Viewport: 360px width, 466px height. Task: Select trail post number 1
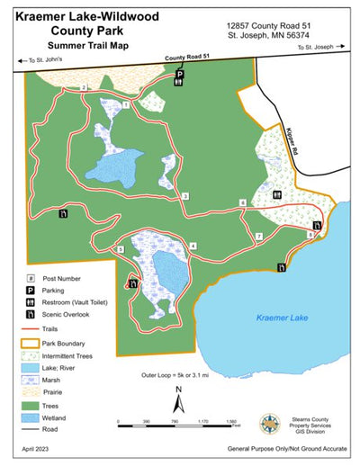tap(126, 105)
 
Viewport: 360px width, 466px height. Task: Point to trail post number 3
tap(184, 196)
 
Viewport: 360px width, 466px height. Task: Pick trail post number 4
tap(193, 246)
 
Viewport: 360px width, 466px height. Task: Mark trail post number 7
tap(258, 237)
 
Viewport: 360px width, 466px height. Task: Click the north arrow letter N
tap(179, 390)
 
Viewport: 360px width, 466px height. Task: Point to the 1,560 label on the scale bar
tap(230, 420)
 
